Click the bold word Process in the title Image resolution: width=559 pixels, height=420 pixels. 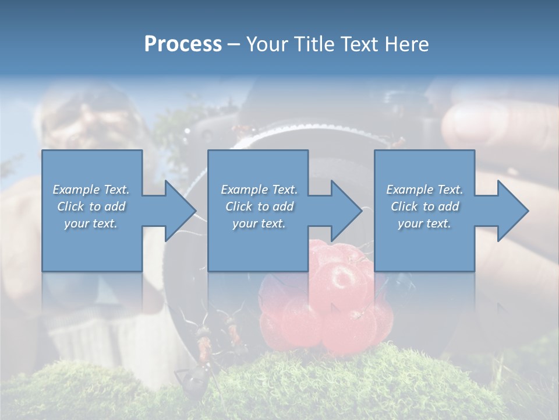pyautogui.click(x=183, y=44)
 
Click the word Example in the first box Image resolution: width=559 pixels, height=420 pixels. pyautogui.click(x=76, y=190)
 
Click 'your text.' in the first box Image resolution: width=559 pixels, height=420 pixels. pyautogui.click(x=91, y=223)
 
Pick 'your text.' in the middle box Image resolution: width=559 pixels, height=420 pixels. pyautogui.click(x=259, y=223)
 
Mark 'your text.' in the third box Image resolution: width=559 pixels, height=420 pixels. pyautogui.click(x=424, y=223)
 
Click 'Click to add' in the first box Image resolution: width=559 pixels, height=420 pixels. pyautogui.click(x=91, y=206)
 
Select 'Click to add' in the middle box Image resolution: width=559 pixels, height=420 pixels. pyautogui.click(x=259, y=206)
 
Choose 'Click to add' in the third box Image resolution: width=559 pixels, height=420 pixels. pyautogui.click(x=424, y=206)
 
